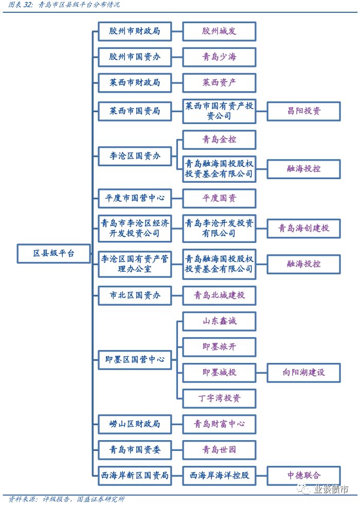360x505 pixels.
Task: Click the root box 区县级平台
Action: point(53,253)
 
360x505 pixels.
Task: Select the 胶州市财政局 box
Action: point(134,31)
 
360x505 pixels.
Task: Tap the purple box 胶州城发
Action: point(219,31)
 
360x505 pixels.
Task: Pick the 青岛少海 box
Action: point(219,57)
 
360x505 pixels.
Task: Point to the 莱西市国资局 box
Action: point(134,111)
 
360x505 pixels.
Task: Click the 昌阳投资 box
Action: point(304,111)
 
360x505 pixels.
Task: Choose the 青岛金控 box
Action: point(219,140)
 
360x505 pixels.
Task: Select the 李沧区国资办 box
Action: point(134,156)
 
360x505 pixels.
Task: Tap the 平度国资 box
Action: point(219,198)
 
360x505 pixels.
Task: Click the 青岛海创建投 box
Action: point(304,229)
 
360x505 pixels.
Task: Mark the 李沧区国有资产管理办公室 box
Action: point(134,264)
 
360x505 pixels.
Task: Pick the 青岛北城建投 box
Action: point(219,295)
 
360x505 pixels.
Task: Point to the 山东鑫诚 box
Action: point(219,321)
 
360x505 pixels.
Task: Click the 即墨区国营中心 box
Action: point(134,359)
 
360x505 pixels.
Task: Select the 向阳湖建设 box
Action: point(304,373)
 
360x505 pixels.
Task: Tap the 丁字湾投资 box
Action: point(219,398)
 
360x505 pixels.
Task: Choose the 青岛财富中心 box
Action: point(219,424)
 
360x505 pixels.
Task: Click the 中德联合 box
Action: point(304,475)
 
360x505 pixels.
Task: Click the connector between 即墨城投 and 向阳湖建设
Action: point(262,373)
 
